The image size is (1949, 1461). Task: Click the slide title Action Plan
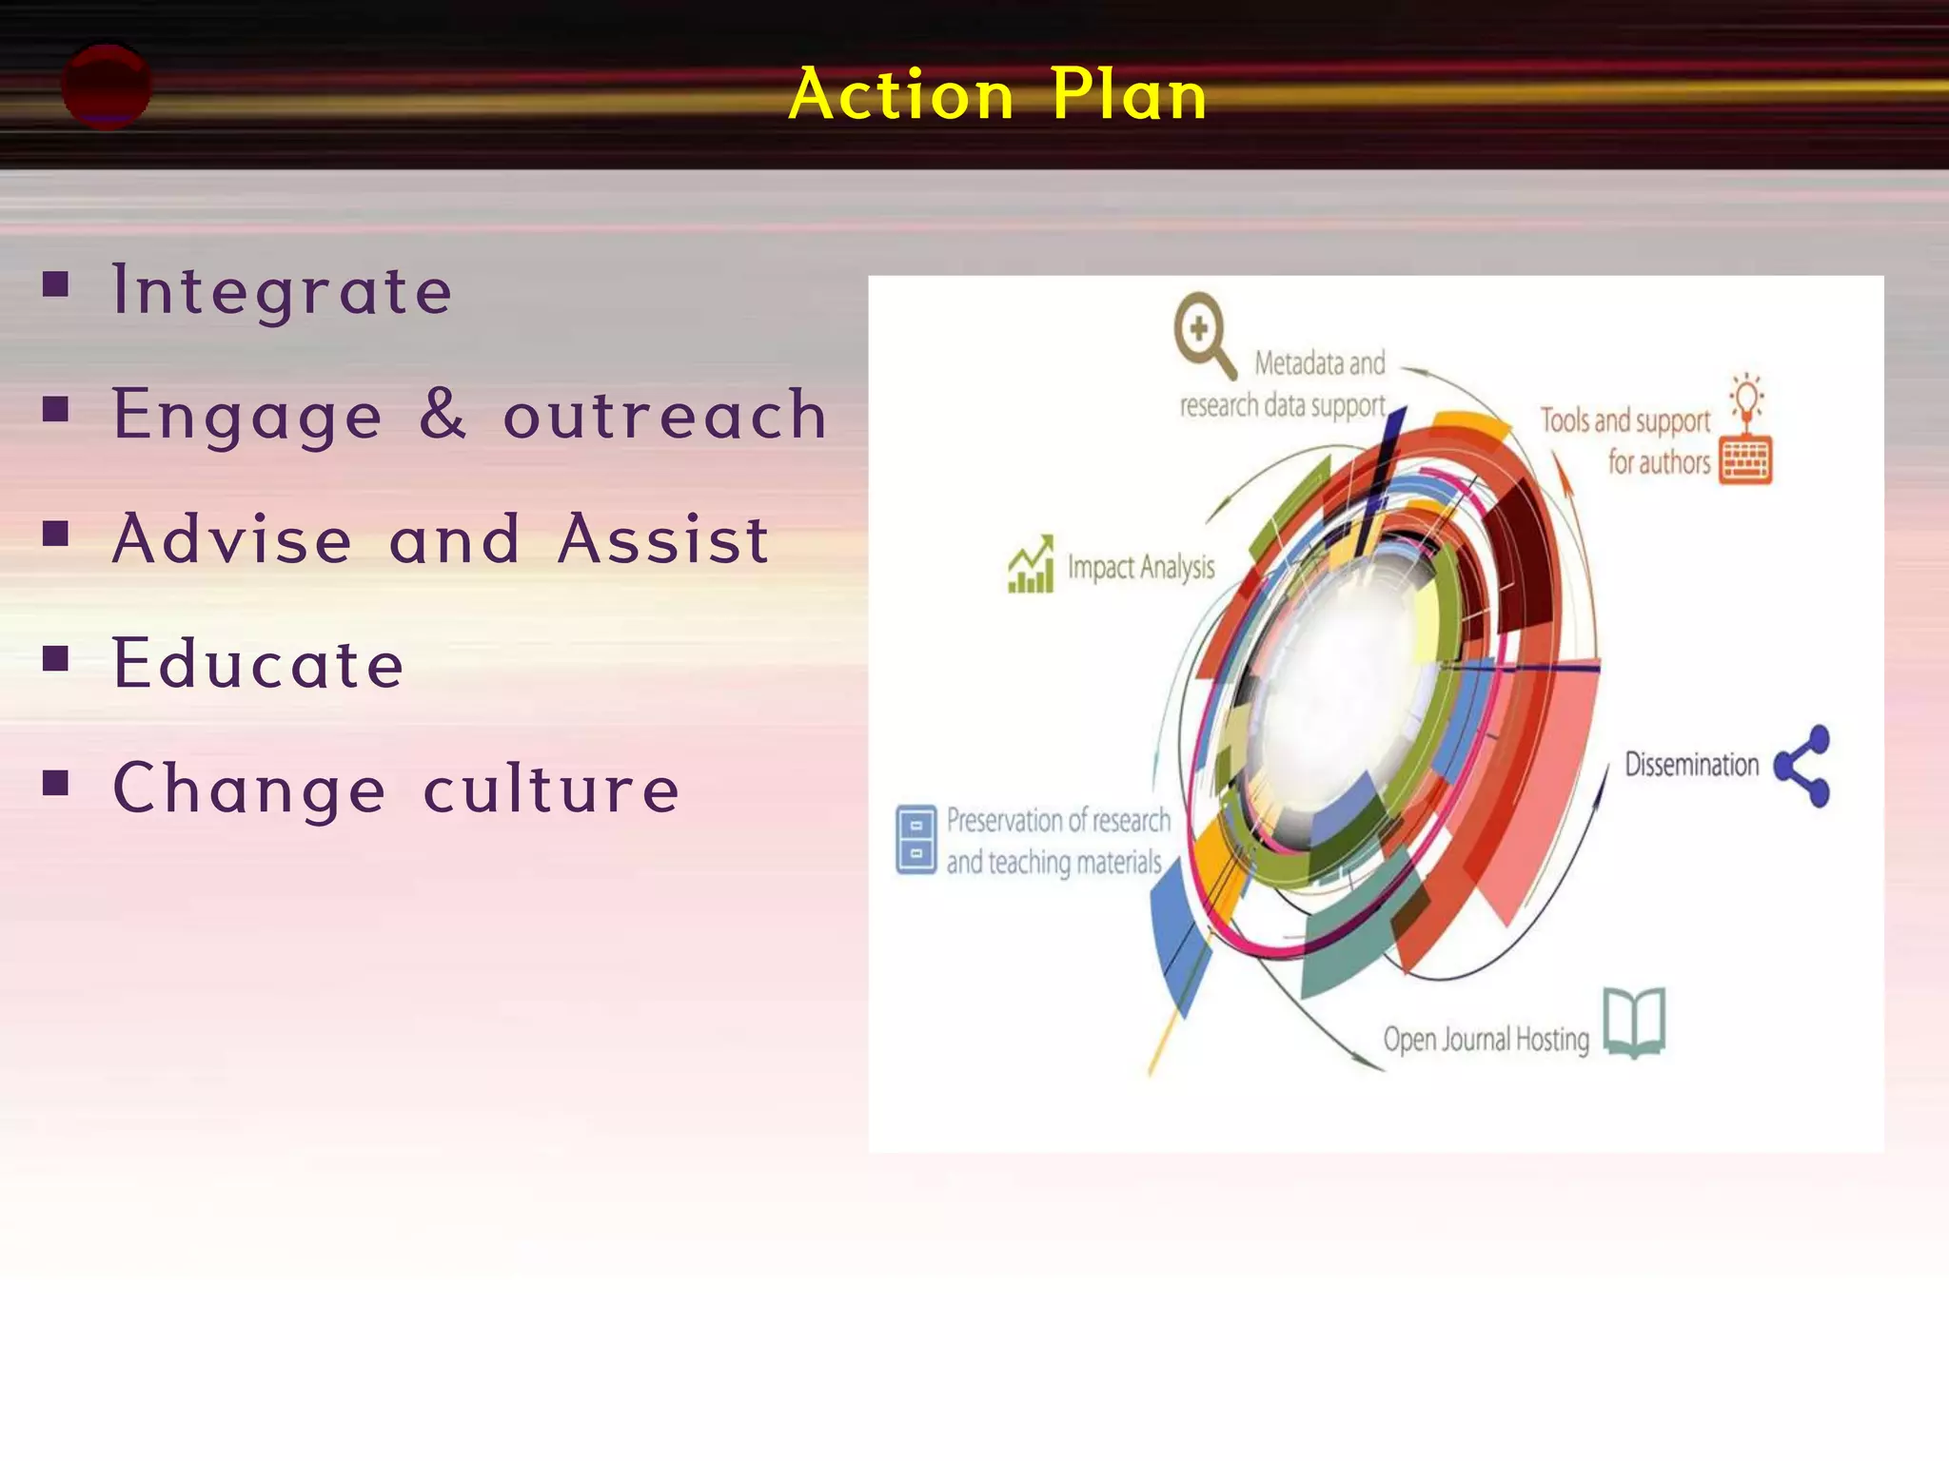(x=997, y=94)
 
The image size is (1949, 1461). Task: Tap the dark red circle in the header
(x=106, y=86)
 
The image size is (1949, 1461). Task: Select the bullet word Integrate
(x=282, y=290)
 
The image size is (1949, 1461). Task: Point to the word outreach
(x=664, y=416)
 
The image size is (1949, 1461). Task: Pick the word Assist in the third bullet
(x=662, y=539)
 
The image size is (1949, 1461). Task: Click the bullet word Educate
(x=259, y=663)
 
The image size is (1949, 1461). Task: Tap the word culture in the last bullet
(x=551, y=789)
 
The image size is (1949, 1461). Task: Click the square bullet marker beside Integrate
(x=56, y=284)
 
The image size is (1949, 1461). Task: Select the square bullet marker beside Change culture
(x=56, y=783)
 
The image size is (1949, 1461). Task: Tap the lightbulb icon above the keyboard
(x=1747, y=399)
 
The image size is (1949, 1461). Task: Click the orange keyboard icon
(x=1745, y=459)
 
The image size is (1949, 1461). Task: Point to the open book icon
(x=1634, y=1023)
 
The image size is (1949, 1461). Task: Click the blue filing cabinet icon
(x=915, y=839)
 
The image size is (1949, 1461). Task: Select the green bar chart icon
(x=1032, y=565)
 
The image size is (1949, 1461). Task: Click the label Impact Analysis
(x=1141, y=568)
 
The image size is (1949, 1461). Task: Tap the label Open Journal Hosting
(x=1486, y=1039)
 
